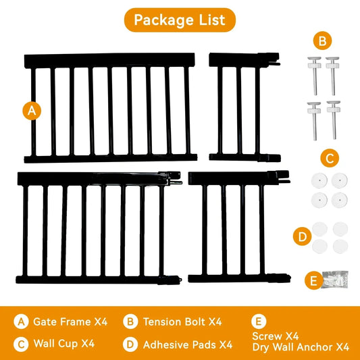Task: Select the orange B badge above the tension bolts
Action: pyautogui.click(x=323, y=41)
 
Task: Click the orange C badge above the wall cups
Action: pyautogui.click(x=329, y=159)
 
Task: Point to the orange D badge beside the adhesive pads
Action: pyautogui.click(x=302, y=237)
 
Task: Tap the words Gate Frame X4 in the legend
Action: pyautogui.click(x=74, y=322)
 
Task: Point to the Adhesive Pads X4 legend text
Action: pyautogui.click(x=187, y=344)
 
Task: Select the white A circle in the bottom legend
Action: pyautogui.click(x=22, y=322)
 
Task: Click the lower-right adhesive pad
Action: pyautogui.click(x=336, y=245)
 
